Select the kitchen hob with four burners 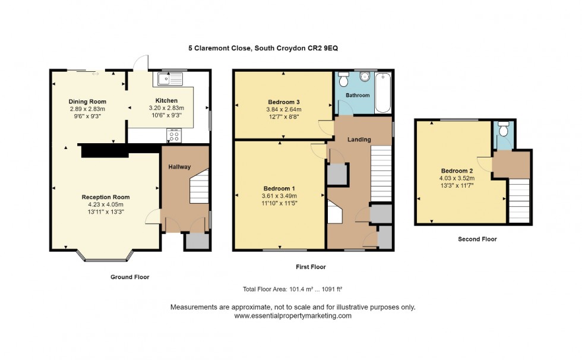click(x=175, y=136)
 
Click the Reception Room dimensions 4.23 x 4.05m click(x=106, y=204)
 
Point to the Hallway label click(x=179, y=167)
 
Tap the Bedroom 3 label click(x=284, y=102)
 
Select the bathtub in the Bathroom click(x=383, y=93)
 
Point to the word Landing click(x=359, y=140)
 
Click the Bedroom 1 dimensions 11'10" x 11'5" click(x=279, y=203)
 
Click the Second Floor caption click(x=477, y=239)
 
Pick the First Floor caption click(x=311, y=267)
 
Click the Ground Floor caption click(x=129, y=277)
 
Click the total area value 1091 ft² click(x=332, y=289)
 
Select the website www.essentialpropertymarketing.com click(x=293, y=316)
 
